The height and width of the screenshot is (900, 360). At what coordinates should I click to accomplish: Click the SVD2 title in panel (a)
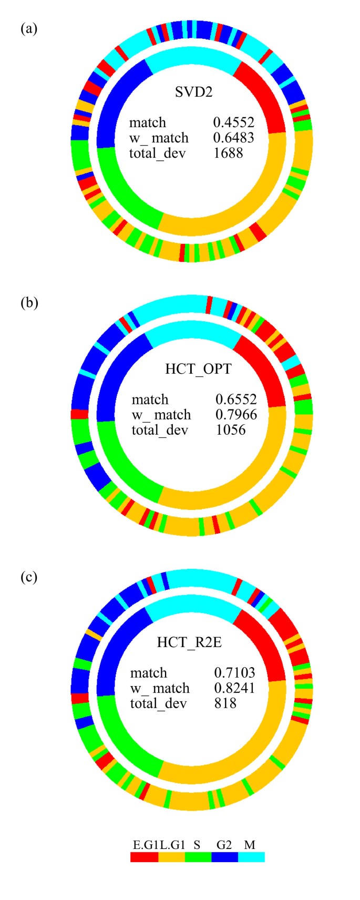tap(193, 93)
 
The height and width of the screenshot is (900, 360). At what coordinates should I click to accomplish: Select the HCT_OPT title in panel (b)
tap(198, 369)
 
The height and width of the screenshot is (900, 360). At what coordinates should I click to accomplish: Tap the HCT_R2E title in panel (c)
tap(189, 642)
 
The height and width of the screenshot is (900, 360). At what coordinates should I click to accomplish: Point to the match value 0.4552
tap(233, 122)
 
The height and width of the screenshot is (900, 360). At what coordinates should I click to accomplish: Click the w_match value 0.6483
tap(233, 138)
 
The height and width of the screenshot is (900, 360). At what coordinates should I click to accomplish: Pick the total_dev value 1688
tap(228, 153)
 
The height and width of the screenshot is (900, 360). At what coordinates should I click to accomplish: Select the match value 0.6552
tap(236, 400)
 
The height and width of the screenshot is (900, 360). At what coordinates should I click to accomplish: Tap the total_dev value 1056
tap(231, 430)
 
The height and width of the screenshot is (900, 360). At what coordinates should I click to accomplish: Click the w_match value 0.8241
tap(234, 688)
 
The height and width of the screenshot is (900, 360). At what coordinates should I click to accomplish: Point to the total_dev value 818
tap(225, 703)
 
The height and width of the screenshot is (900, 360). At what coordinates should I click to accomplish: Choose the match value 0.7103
tap(234, 673)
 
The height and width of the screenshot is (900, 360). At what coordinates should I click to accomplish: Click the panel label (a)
tap(29, 28)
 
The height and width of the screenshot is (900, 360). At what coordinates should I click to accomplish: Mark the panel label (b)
tap(29, 303)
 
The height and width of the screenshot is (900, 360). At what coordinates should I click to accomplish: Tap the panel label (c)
tap(29, 577)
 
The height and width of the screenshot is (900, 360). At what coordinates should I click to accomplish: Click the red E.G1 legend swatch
tap(144, 857)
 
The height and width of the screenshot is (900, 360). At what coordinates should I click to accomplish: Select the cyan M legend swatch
tap(251, 857)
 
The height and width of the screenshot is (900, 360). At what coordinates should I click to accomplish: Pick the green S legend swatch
tap(198, 857)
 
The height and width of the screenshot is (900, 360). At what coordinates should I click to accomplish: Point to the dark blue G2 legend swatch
tap(224, 857)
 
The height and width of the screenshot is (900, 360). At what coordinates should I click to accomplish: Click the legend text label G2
tap(224, 845)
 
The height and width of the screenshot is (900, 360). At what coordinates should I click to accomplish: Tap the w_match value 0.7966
tap(236, 415)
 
